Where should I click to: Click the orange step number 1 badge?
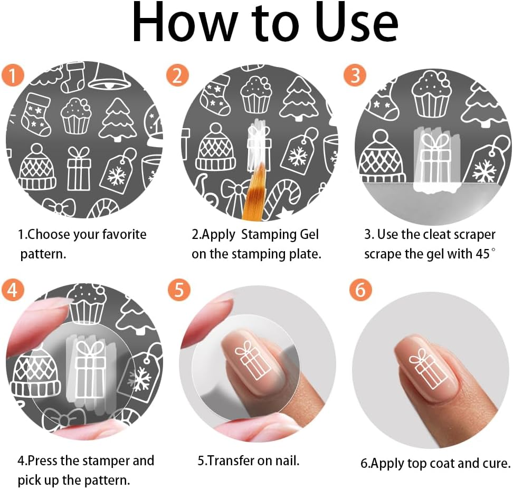click(x=13, y=75)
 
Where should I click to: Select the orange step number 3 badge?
click(x=355, y=75)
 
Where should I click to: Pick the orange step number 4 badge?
click(x=13, y=290)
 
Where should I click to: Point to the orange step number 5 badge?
click(x=179, y=290)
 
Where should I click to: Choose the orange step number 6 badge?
click(x=360, y=290)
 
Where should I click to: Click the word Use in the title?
click(x=357, y=22)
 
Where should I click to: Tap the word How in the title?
click(x=185, y=22)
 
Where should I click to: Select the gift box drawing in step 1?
click(x=78, y=168)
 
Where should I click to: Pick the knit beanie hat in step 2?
click(x=216, y=147)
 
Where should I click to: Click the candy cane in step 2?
click(x=281, y=199)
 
